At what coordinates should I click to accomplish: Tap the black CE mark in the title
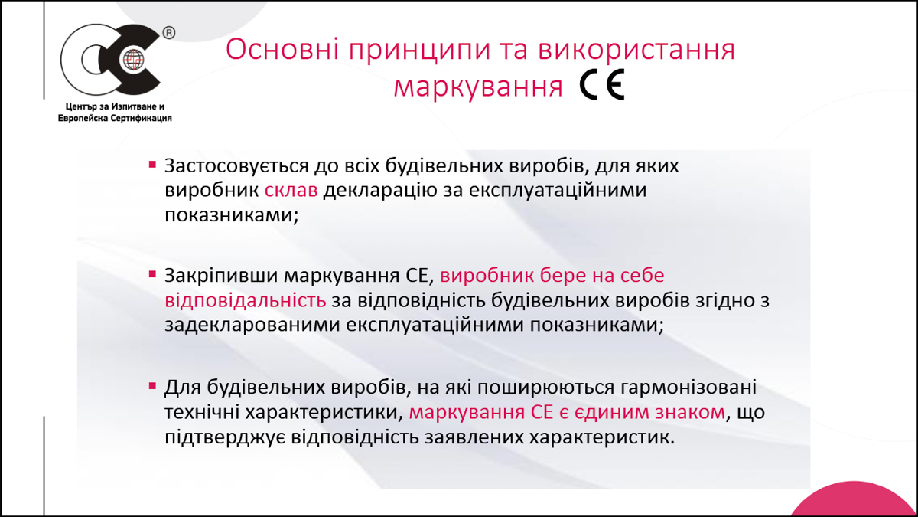click(601, 84)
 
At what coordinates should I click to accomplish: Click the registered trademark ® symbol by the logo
click(169, 33)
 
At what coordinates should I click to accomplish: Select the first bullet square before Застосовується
click(152, 165)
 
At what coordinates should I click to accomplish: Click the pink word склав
click(291, 190)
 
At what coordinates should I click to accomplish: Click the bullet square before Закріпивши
click(152, 274)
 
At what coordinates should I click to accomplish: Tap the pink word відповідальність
click(246, 300)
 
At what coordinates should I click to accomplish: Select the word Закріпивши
click(221, 276)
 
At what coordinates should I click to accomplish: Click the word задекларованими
click(252, 325)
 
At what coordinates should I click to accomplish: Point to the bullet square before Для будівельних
click(152, 386)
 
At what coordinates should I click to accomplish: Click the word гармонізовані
click(688, 388)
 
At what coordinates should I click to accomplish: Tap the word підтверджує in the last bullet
click(225, 437)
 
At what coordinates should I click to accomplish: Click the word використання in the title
click(636, 49)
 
